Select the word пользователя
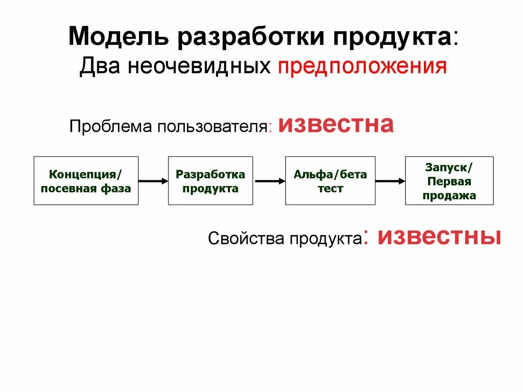pos(214,126)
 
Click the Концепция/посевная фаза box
pos(86,181)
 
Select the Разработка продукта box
pos(210,181)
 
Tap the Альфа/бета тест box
pos(330,181)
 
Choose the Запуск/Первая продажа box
pos(449,181)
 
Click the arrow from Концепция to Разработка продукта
pos(153,180)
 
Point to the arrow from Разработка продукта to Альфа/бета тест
pos(269,180)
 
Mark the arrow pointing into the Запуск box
pos(390,180)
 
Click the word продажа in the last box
pos(449,195)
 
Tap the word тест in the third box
pos(330,189)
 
